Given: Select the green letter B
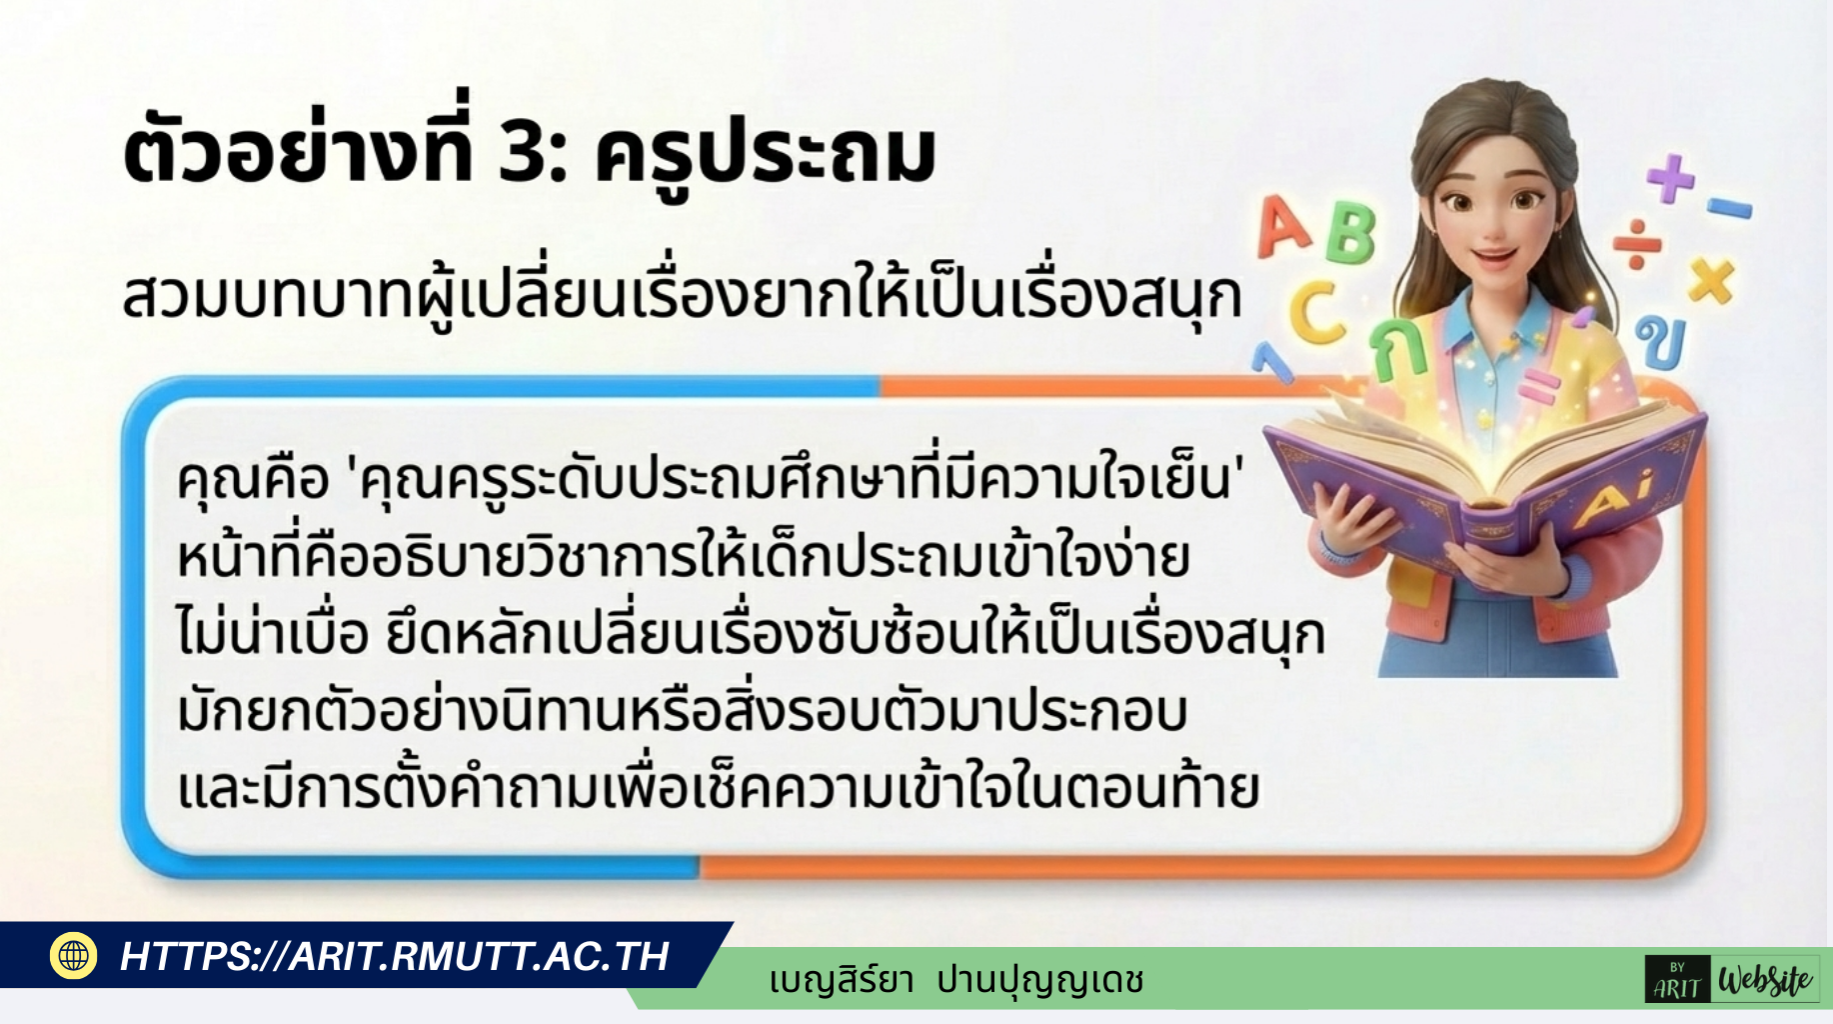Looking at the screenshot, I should click(x=1350, y=234).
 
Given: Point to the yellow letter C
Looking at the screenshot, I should click(x=1316, y=310).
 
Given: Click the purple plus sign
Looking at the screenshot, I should click(x=1670, y=178).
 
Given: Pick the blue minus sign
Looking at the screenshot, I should click(x=1729, y=208).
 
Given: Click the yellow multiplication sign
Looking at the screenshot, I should click(x=1710, y=280).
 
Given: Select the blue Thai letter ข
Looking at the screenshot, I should click(x=1661, y=342).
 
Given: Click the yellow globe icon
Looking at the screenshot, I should click(x=73, y=955).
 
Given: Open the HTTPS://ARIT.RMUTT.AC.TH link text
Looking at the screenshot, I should click(x=394, y=956).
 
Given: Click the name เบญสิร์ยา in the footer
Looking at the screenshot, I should click(x=842, y=980).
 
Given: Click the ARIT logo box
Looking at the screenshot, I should click(x=1677, y=980).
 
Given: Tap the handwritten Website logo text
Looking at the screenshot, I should click(x=1765, y=980).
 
